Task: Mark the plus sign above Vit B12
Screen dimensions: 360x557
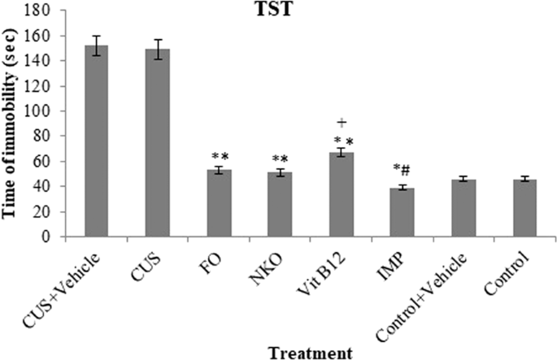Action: (342, 123)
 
